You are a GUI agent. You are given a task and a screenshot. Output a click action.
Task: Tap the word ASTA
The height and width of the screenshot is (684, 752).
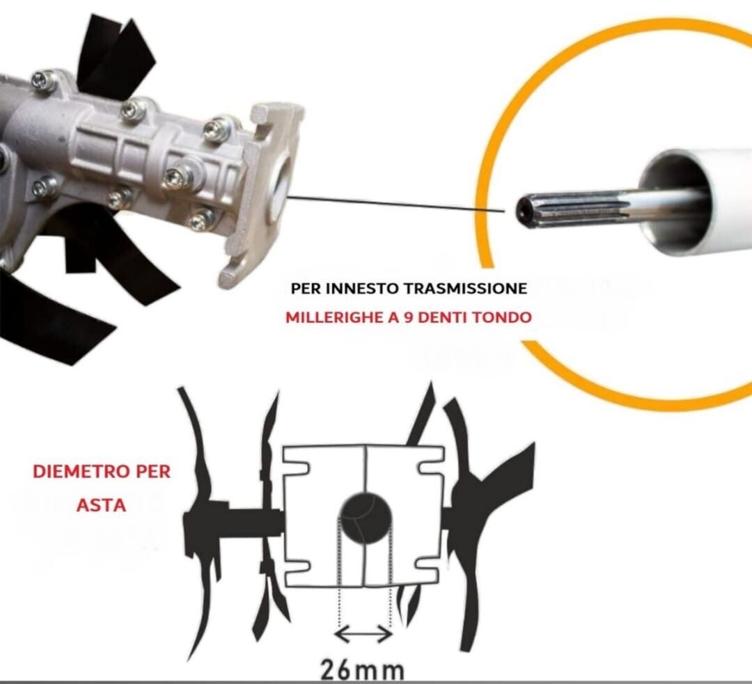101,505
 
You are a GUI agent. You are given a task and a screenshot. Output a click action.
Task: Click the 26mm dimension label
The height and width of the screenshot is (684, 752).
362,671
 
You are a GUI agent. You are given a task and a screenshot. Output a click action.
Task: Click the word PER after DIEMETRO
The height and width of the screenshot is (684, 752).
153,472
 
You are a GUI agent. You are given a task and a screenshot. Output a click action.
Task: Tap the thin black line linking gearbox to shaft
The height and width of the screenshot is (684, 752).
396,203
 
